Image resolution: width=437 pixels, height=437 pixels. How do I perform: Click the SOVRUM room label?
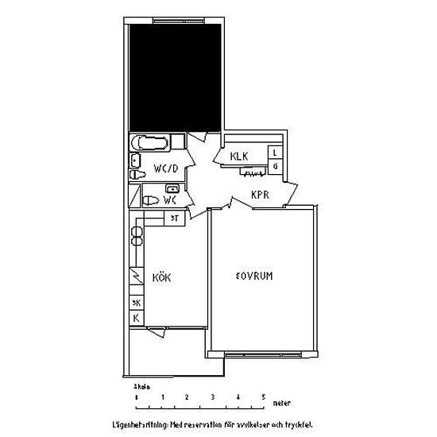255,276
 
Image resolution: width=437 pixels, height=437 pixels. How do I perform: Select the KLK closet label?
241,157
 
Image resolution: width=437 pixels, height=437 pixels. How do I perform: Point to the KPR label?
262,194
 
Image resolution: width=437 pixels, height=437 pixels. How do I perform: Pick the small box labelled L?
275,152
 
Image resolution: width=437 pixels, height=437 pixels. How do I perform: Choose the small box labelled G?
275,166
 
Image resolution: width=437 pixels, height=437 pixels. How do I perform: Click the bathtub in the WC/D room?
150,144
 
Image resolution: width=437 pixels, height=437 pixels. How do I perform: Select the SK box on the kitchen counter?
136,302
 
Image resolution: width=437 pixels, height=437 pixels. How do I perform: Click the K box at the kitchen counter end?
136,318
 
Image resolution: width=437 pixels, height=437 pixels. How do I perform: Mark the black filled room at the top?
176,75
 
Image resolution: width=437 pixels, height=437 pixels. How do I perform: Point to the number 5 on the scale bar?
262,396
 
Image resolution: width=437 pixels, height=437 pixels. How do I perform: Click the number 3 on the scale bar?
212,396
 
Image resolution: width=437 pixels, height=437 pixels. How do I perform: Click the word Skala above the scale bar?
142,385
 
